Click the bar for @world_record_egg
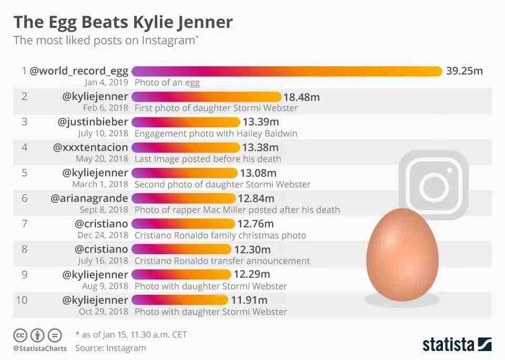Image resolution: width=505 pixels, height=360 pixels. coord(287,71)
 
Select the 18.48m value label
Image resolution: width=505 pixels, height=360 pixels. coord(301,97)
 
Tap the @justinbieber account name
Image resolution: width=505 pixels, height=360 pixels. coord(93,122)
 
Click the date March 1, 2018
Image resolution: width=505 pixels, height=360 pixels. coord(100,184)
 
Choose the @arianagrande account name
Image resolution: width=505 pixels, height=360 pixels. coord(89,198)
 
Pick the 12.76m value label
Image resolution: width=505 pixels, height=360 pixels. coord(256,224)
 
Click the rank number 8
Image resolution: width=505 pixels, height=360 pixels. coord(24,249)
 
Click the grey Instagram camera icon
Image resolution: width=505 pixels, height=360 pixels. coord(433,185)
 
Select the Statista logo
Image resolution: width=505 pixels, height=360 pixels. coord(457,345)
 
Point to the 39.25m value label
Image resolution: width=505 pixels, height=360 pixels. coord(464,71)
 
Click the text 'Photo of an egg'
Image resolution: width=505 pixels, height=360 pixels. coord(167,82)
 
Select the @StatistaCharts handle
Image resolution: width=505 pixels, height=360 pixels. coord(40,348)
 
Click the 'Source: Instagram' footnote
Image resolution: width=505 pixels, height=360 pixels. coord(110,348)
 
